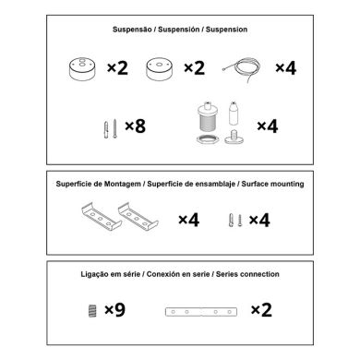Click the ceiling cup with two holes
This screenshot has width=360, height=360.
click(82, 69)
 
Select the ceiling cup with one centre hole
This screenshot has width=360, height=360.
click(159, 69)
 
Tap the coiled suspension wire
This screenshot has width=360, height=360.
click(242, 70)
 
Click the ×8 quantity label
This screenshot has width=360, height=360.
click(135, 126)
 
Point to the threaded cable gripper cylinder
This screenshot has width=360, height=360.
click(205, 118)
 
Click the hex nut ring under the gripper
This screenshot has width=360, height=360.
click(206, 139)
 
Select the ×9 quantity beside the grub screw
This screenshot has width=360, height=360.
click(114, 310)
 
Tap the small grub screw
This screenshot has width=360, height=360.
click(92, 310)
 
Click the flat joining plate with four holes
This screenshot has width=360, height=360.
click(201, 312)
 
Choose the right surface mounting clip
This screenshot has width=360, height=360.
click(138, 216)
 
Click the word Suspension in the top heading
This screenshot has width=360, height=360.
click(226, 30)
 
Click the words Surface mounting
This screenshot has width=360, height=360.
click(272, 184)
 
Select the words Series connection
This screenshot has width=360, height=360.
click(247, 274)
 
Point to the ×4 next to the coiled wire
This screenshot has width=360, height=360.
click(285, 68)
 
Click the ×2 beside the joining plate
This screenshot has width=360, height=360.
click(261, 310)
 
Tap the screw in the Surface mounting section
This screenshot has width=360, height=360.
click(240, 221)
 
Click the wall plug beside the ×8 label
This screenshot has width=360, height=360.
click(106, 130)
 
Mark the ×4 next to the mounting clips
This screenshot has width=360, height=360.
click(188, 220)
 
